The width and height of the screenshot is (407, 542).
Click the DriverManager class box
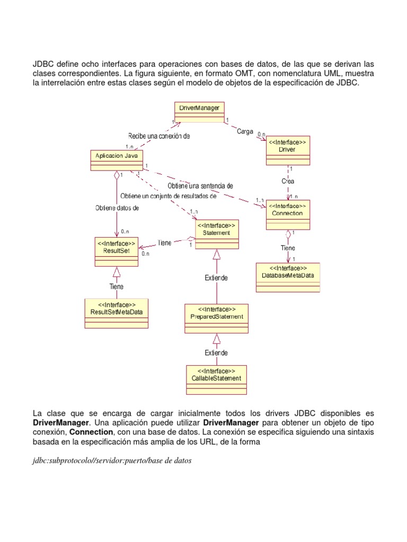point(199,112)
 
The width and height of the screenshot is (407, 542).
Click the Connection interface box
point(287,214)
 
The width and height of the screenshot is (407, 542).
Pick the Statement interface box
point(217,233)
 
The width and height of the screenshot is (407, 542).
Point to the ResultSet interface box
point(117,251)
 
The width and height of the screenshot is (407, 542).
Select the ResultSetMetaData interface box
point(117,313)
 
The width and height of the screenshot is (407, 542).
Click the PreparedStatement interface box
point(216,318)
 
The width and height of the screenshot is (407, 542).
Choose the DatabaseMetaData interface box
point(288,277)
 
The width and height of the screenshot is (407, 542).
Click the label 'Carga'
point(245,132)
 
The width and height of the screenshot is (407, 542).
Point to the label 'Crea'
point(288,181)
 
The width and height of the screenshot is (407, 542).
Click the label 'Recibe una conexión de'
point(158,136)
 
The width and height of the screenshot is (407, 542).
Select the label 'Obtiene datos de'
point(117,208)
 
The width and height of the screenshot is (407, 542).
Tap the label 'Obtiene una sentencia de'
point(200,186)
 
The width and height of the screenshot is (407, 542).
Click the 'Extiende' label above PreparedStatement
point(216,277)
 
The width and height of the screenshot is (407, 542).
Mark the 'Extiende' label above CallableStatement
point(216,353)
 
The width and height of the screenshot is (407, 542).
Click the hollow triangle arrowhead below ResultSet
point(117,273)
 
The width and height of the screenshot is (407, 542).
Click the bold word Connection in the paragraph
point(90,432)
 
